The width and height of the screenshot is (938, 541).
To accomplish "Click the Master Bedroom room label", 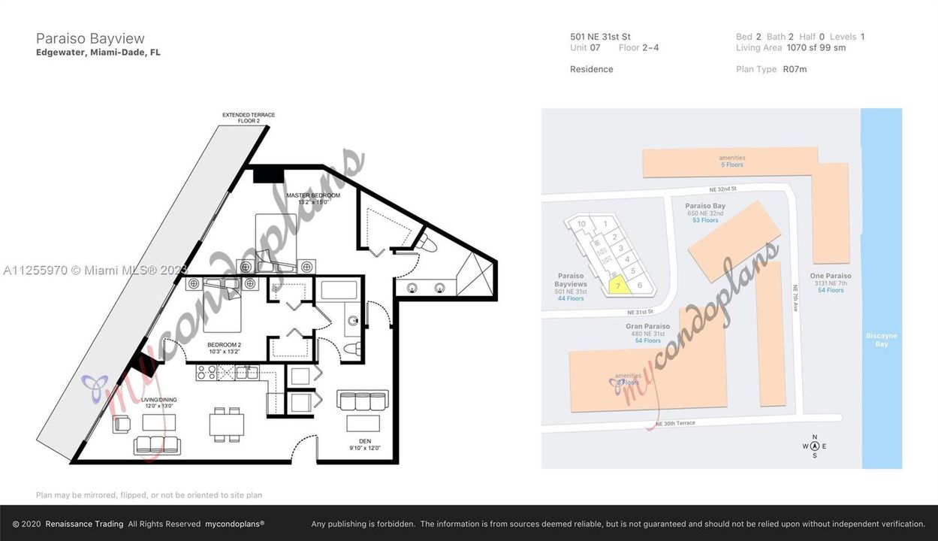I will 313,198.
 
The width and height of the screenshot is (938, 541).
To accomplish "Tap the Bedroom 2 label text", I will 224,347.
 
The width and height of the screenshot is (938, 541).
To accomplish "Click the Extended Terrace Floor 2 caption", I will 248,118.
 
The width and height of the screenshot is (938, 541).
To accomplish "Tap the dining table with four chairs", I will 226,425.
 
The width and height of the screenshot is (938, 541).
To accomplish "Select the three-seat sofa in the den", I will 363,400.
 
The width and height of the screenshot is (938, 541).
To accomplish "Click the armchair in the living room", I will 122,425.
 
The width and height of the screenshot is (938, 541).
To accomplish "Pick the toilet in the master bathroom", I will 425,245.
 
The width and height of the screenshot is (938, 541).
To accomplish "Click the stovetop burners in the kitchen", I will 207,372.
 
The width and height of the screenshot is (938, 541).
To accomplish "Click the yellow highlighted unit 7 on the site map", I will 618,286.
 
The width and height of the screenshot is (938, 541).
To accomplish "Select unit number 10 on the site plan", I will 581,224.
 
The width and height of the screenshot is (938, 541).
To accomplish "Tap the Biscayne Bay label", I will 881,340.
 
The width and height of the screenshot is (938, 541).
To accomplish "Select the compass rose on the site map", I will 815,446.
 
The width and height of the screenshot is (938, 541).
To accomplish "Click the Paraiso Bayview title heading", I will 90,38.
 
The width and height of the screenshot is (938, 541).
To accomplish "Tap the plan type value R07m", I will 795,69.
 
